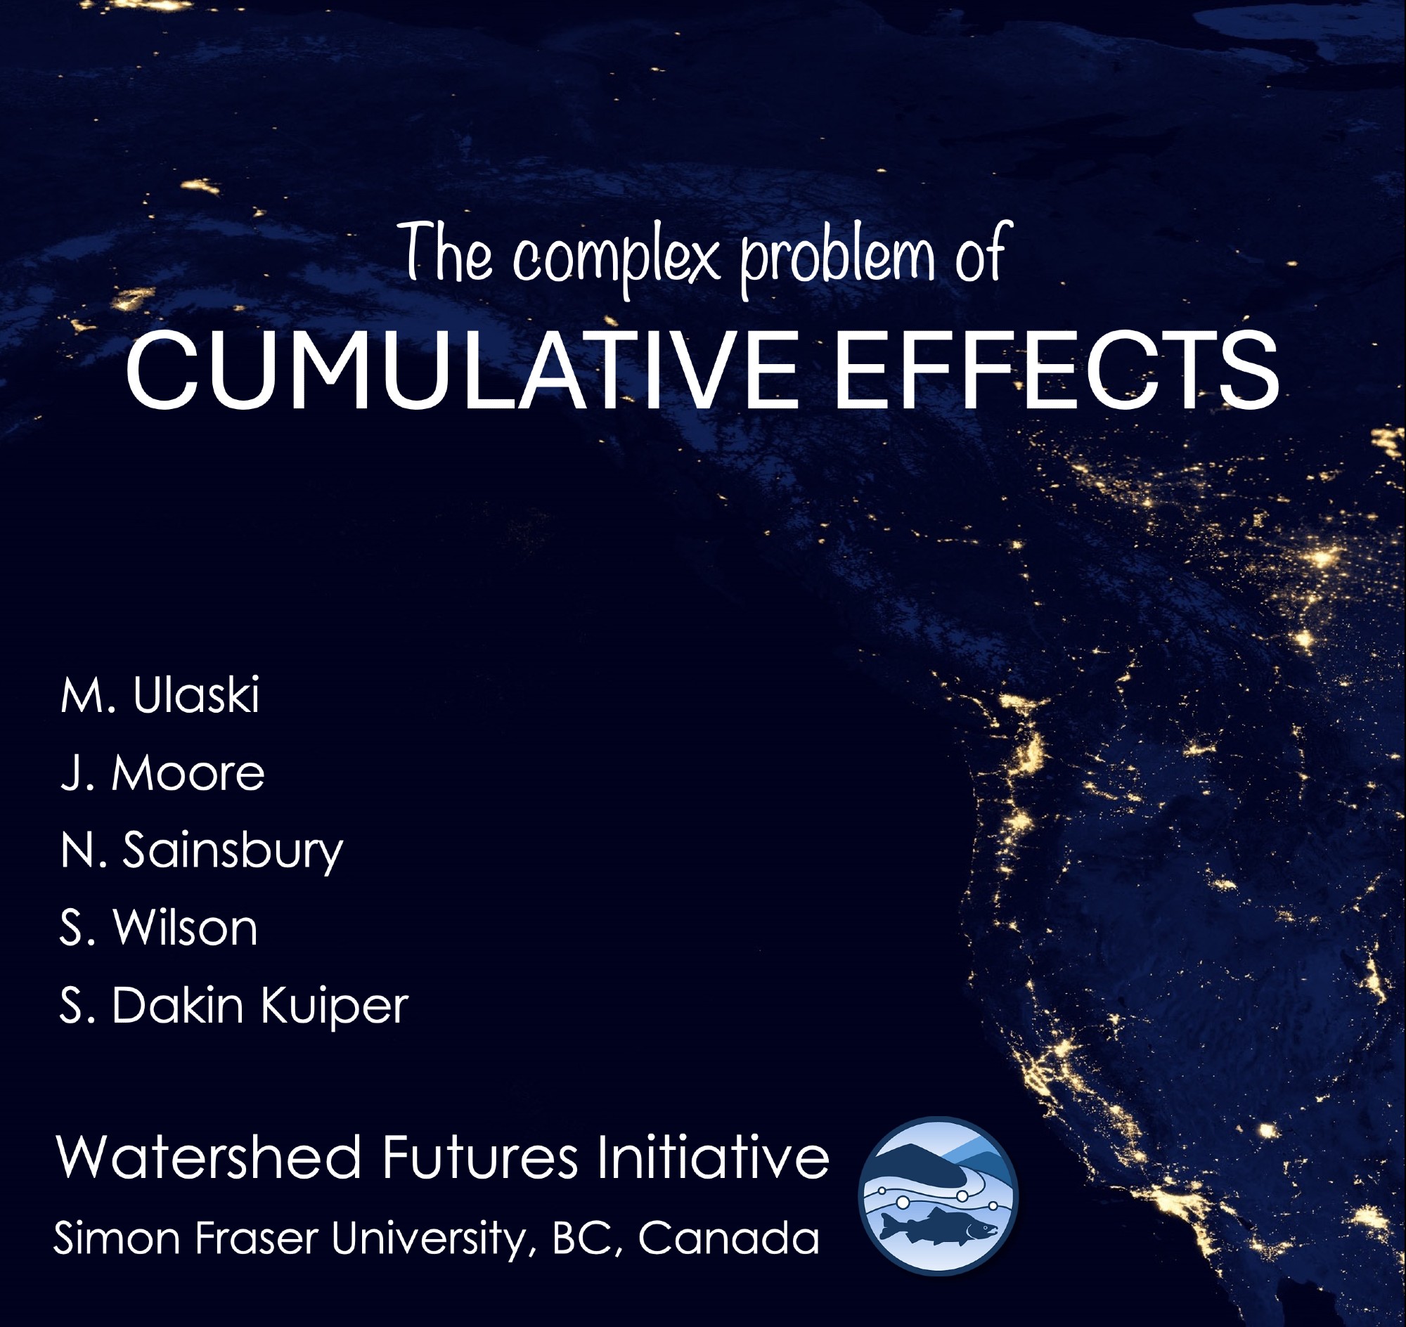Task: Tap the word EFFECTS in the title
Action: tap(1058, 370)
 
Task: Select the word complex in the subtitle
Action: tap(616, 257)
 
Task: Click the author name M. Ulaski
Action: tap(160, 694)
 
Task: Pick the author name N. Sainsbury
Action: tap(202, 851)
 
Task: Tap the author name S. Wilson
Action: tap(158, 927)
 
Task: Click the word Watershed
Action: tap(208, 1157)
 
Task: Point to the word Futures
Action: tap(480, 1157)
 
